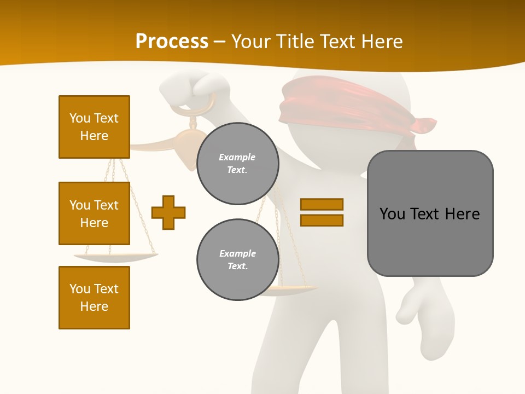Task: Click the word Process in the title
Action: [172, 41]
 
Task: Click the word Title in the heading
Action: [294, 41]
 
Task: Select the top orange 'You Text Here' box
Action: [94, 127]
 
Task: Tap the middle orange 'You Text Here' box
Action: [94, 213]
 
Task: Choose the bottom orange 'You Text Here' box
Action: [94, 297]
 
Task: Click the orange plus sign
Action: [168, 212]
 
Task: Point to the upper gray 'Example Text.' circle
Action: [237, 163]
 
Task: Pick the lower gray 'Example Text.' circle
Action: [237, 259]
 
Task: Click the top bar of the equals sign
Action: [322, 204]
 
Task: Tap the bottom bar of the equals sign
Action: [322, 220]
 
